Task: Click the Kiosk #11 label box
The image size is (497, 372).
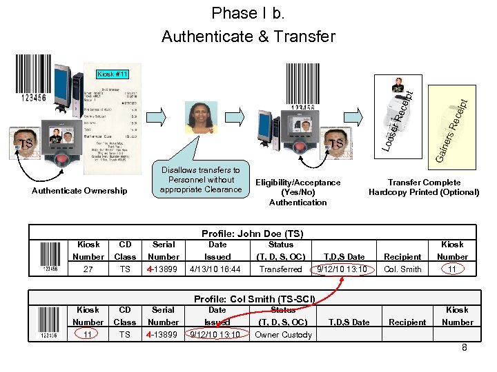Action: coord(111,73)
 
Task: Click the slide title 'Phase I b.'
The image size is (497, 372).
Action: coord(248,13)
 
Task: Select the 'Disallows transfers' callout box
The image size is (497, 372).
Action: coord(200,180)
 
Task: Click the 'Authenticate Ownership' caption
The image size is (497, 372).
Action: coord(80,191)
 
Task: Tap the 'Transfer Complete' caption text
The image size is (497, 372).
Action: coord(424,187)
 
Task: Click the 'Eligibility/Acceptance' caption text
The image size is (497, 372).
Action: coord(298,192)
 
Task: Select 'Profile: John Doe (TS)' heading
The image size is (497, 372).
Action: coord(252,234)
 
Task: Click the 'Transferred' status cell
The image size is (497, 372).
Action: coord(281,269)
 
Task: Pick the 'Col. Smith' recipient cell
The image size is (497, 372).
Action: coord(402,269)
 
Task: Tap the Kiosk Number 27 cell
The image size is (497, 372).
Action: coord(88,269)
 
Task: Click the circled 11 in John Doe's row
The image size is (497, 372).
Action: coord(452,269)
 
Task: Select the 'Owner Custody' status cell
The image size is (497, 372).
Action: coord(283,335)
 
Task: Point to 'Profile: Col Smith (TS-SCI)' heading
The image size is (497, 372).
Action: coord(255,299)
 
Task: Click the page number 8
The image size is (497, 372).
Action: coord(465,348)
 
